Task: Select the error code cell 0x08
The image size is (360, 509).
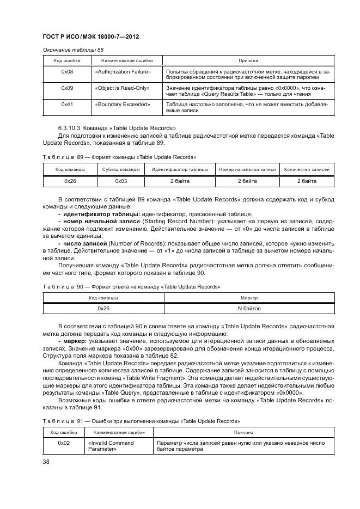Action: pos(68,71)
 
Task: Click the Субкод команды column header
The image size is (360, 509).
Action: pos(121,170)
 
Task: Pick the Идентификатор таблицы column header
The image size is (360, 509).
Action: pos(180,170)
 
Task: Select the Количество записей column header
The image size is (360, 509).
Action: pos(307,170)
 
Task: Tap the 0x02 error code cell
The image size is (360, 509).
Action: pos(64,443)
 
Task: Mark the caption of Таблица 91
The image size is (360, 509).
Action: pos(141,421)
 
